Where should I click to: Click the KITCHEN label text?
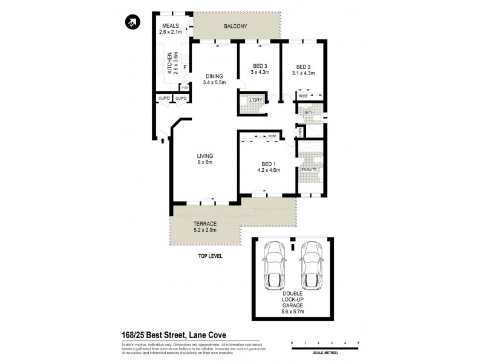[169, 62]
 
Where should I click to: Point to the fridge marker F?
[185, 67]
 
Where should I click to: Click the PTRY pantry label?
[185, 88]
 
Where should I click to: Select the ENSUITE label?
[309, 170]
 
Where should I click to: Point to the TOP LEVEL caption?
[211, 256]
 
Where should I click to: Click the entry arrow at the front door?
[163, 142]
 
